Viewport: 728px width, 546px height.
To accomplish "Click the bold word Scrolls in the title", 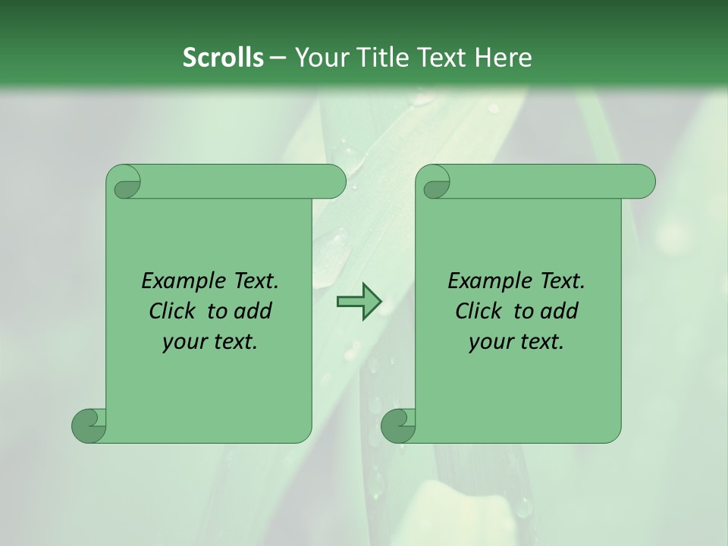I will [223, 58].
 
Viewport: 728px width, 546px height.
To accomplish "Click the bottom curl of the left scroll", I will [89, 425].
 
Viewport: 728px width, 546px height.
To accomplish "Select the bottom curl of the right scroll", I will [398, 425].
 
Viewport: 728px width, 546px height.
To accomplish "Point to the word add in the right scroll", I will [560, 312].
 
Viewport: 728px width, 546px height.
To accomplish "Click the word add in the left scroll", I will [253, 312].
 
